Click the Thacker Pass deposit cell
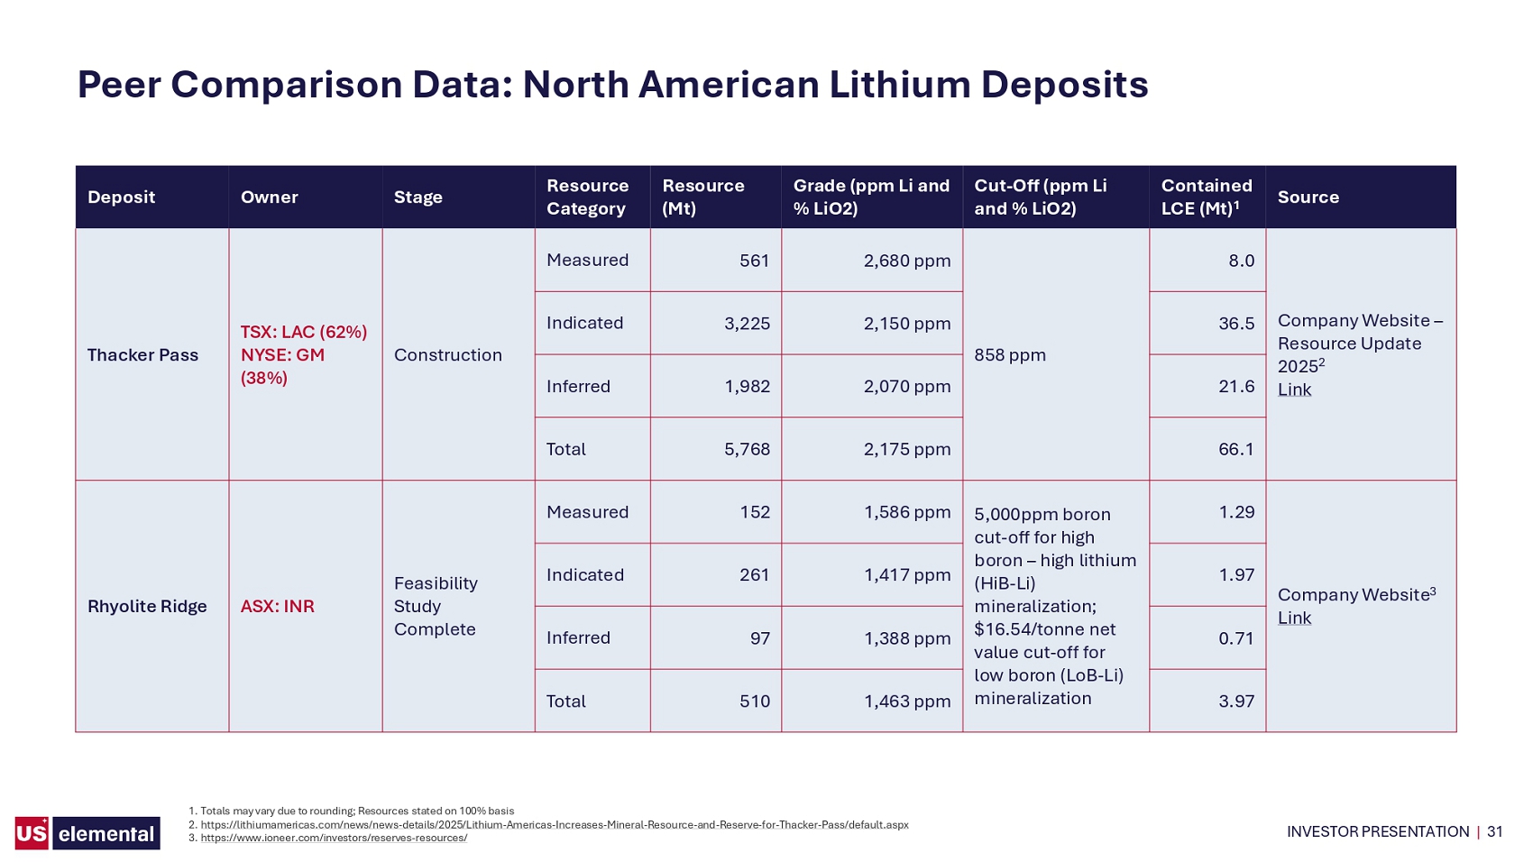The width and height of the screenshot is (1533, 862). [x=142, y=355]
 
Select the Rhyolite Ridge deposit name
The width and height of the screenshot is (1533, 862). [x=147, y=607]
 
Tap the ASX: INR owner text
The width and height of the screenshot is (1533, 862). [x=277, y=607]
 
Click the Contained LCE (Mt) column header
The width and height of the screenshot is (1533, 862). [x=1207, y=197]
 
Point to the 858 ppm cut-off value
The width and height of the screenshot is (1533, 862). [x=1009, y=355]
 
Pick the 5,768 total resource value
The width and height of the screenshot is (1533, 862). [x=747, y=449]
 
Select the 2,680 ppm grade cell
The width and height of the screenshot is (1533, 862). [x=907, y=261]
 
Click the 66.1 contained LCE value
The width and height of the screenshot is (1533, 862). [x=1236, y=449]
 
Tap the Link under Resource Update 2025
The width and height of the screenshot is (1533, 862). [x=1294, y=390]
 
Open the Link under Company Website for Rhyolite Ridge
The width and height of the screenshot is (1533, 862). [x=1294, y=619]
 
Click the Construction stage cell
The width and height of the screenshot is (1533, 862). [x=447, y=355]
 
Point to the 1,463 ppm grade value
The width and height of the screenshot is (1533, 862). [x=907, y=702]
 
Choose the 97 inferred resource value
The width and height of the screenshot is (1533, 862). [x=759, y=638]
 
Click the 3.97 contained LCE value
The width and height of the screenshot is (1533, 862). [x=1236, y=702]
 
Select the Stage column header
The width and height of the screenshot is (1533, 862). [x=418, y=197]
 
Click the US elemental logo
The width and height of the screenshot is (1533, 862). [x=87, y=832]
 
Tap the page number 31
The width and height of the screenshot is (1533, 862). [x=1495, y=832]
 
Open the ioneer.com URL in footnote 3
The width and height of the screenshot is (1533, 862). [x=334, y=838]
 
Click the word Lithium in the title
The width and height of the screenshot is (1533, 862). [x=900, y=85]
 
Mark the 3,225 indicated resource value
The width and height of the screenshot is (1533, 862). [x=747, y=324]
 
